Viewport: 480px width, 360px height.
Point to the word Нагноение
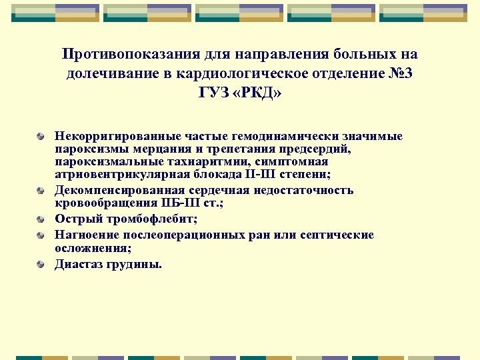coord(83,235)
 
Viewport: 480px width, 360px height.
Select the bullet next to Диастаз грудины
coord(41,265)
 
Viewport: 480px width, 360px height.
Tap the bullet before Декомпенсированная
coord(41,191)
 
